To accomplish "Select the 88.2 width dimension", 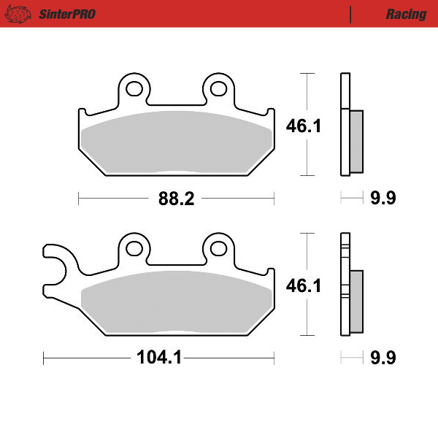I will (177, 199).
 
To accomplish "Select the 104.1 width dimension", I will (158, 358).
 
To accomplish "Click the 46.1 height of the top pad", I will (304, 126).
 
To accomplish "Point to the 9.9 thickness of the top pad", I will (383, 199).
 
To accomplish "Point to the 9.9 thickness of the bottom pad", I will (383, 358).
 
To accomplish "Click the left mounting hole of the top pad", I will (134, 89).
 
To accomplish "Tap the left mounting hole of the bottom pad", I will (134, 248).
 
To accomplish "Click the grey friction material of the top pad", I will (175, 142).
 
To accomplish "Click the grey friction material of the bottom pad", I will (175, 303).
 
